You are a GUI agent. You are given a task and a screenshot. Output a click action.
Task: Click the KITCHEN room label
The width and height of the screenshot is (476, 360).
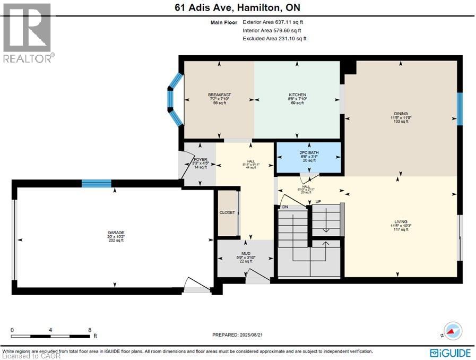click(297, 95)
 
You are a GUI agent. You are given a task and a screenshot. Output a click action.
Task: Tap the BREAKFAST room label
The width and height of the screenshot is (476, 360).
click(219, 95)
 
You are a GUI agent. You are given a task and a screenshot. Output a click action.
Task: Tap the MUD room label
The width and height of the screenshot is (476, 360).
click(246, 254)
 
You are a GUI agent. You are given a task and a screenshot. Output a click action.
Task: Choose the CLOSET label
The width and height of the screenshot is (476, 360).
click(227, 212)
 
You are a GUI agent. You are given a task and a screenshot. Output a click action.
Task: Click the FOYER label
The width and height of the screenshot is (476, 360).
click(200, 159)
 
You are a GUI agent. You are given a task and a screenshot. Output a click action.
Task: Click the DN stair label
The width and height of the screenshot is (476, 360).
click(285, 207)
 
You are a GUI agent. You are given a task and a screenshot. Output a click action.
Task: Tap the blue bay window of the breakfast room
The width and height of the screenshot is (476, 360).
click(174, 99)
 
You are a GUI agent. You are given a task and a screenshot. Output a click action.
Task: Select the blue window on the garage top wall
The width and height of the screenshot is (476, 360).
click(96, 184)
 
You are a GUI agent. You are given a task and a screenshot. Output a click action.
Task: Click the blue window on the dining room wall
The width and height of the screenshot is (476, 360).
click(460, 108)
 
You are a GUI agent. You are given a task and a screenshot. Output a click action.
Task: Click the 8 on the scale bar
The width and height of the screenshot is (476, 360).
click(89, 330)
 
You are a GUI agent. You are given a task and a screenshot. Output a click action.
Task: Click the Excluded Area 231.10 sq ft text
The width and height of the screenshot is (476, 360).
click(274, 38)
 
